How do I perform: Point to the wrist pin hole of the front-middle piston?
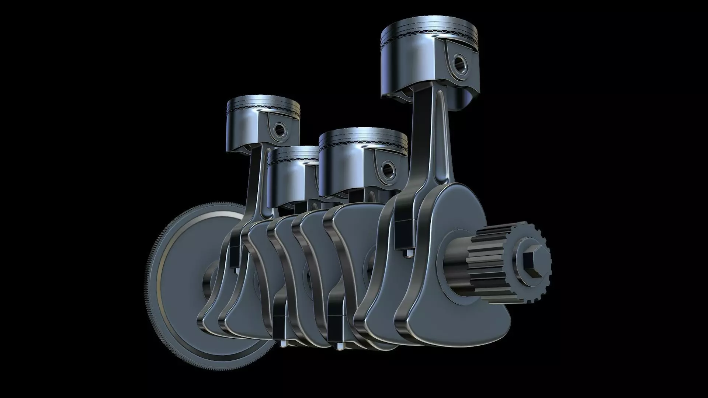pos(388,169)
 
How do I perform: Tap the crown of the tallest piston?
pos(430,28)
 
